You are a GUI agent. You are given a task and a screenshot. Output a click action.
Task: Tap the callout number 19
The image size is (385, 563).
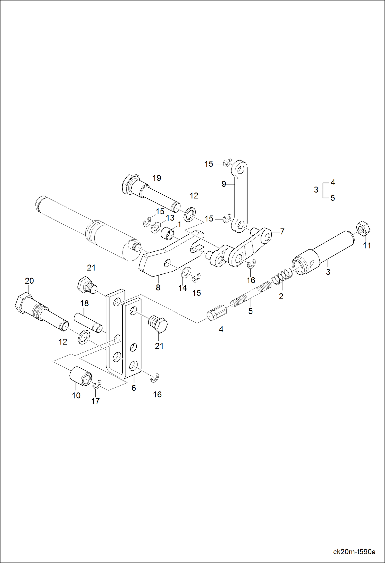point(157,178)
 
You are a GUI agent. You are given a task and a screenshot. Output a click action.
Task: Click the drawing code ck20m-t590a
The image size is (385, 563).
point(354,552)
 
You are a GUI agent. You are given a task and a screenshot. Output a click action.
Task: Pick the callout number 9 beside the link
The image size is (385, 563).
point(224,184)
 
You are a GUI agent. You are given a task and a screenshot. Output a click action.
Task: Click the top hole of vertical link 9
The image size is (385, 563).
point(241,169)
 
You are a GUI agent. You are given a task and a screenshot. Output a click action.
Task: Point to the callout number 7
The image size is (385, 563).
point(282,231)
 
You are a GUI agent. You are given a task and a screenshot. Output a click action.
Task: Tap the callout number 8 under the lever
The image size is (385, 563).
point(158,288)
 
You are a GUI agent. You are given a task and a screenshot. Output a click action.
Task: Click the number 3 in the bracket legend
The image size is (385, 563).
point(316,190)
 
